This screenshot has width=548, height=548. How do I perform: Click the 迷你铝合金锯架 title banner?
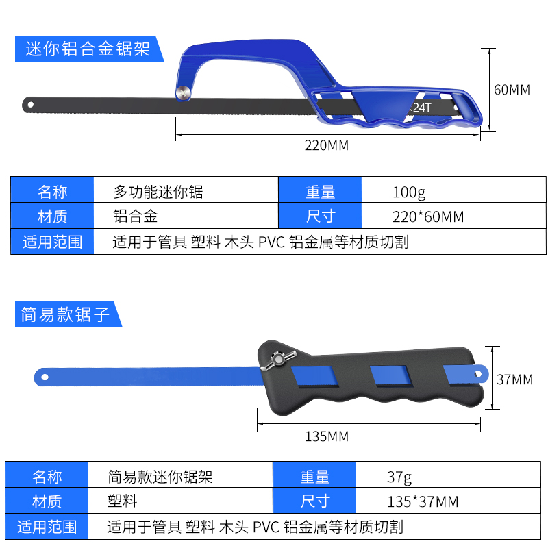tap(87, 49)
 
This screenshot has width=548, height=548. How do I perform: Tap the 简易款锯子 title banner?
tap(66, 314)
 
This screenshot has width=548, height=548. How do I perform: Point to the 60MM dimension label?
tap(512, 90)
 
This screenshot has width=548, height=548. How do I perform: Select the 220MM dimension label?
tap(327, 145)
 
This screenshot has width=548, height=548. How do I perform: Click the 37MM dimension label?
tap(514, 379)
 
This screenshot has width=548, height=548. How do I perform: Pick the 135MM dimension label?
tap(327, 436)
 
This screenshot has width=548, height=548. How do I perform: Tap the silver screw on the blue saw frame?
tap(182, 93)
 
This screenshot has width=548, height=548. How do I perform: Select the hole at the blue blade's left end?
tap(45, 376)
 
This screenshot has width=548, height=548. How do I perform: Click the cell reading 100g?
tap(409, 191)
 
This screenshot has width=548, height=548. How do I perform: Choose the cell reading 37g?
tap(399, 477)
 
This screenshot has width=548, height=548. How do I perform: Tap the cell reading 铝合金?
tap(135, 216)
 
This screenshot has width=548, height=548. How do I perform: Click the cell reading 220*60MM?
tap(428, 217)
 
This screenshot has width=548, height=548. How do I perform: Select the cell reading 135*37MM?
tap(423, 502)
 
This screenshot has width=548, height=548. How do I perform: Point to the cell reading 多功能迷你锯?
tap(158, 191)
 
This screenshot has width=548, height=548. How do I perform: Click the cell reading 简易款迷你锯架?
tap(160, 477)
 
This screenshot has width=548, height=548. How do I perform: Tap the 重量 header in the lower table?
tap(314, 477)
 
